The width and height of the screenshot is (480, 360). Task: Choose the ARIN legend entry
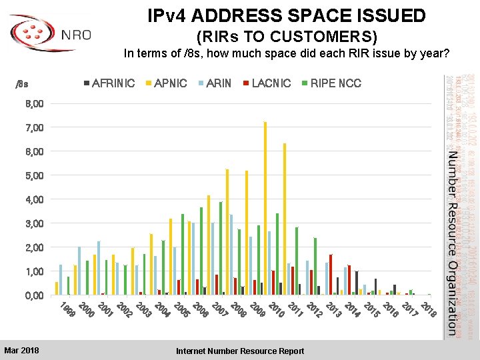click(215, 83)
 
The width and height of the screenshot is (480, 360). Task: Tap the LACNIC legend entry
click(267, 83)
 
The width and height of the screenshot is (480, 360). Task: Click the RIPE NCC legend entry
click(331, 83)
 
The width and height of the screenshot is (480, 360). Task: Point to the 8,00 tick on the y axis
click(34, 104)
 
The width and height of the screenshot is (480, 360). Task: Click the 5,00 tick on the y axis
click(34, 176)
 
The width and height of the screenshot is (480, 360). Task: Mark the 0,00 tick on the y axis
click(34, 295)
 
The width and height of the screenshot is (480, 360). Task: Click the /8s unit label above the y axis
click(22, 84)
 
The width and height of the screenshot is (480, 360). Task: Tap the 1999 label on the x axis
click(66, 309)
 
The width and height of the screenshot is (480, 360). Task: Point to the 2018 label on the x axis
click(429, 309)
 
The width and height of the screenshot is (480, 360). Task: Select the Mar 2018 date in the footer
click(21, 350)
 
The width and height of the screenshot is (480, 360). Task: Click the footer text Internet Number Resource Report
click(240, 351)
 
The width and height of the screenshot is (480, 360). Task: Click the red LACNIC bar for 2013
click(331, 274)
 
